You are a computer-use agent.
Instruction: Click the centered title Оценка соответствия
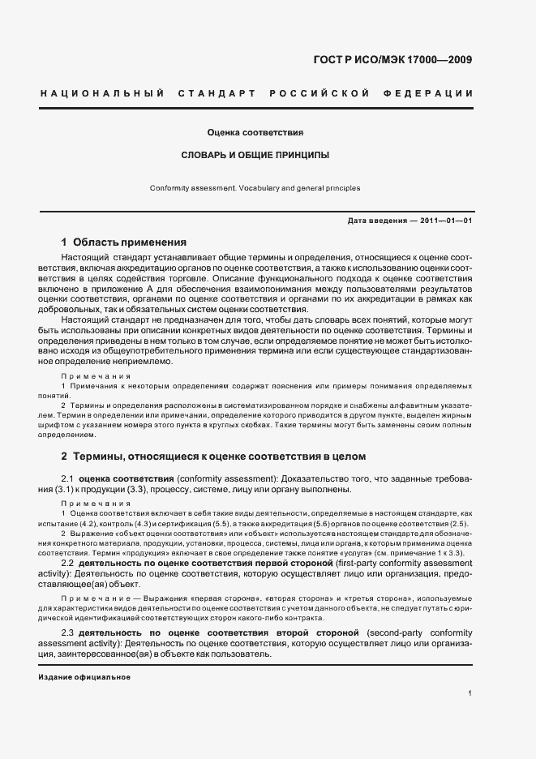coord(255,131)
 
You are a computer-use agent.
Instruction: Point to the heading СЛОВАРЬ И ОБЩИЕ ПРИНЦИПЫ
coord(255,154)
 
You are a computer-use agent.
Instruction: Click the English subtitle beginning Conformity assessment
coord(255,188)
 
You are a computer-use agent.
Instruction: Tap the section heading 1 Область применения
coord(124,242)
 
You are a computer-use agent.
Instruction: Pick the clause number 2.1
coord(68,478)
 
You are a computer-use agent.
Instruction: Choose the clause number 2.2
coord(68,562)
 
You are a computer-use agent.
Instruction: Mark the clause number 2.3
coord(68,632)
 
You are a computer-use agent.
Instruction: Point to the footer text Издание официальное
coord(84,676)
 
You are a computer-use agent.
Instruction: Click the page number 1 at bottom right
coord(470,694)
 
